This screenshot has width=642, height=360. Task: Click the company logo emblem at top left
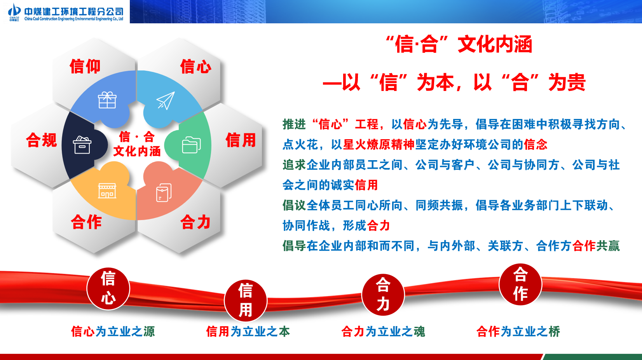pyautogui.click(x=14, y=12)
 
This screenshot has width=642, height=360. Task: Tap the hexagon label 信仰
pyautogui.click(x=85, y=66)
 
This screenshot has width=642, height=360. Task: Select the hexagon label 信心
pyautogui.click(x=196, y=66)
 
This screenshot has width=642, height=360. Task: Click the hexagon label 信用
pyautogui.click(x=241, y=140)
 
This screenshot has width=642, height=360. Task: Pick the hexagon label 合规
pyautogui.click(x=42, y=140)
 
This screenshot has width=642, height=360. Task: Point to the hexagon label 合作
pyautogui.click(x=86, y=222)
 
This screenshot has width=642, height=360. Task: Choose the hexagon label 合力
pyautogui.click(x=196, y=222)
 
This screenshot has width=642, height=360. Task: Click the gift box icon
pyautogui.click(x=107, y=100)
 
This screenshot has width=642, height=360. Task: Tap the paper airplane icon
pyautogui.click(x=166, y=100)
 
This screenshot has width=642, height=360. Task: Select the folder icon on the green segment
pyautogui.click(x=192, y=145)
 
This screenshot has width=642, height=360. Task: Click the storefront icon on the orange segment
pyautogui.click(x=107, y=190)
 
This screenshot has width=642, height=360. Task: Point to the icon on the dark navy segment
pyautogui.click(x=82, y=145)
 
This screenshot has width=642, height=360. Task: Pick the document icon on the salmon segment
pyautogui.click(x=164, y=192)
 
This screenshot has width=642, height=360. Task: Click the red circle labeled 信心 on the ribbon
pyautogui.click(x=108, y=288)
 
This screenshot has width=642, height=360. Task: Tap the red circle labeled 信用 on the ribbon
pyautogui.click(x=246, y=301)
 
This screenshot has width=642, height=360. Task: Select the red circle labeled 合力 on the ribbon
pyautogui.click(x=383, y=295)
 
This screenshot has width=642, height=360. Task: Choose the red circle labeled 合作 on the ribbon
pyautogui.click(x=520, y=284)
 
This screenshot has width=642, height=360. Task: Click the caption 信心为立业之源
pyautogui.click(x=113, y=332)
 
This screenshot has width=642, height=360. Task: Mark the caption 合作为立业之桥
pyautogui.click(x=518, y=332)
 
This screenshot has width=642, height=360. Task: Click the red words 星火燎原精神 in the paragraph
pyautogui.click(x=379, y=145)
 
